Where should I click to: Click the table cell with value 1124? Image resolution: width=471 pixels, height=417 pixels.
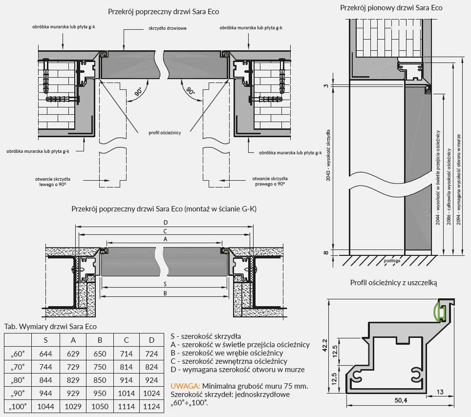(x=151, y=406)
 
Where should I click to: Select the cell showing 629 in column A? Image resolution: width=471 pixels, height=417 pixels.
(x=73, y=354)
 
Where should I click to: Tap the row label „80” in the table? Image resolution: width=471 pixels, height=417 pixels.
(x=18, y=380)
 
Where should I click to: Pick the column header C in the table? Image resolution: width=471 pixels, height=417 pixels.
(x=126, y=340)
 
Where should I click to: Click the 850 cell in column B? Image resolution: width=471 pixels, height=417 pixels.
(x=100, y=380)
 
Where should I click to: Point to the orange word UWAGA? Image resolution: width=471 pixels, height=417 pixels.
(x=185, y=386)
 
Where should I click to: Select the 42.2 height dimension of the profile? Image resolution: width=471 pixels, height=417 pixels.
(x=325, y=346)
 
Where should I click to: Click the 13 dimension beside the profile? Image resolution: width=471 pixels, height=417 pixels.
(x=439, y=392)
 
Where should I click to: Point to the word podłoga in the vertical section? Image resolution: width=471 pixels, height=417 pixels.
(x=392, y=261)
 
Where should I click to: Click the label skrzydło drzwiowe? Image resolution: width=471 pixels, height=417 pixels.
(x=167, y=28)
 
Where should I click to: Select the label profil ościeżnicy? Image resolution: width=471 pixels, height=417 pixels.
(x=165, y=133)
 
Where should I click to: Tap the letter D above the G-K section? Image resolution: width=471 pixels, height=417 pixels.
(x=166, y=223)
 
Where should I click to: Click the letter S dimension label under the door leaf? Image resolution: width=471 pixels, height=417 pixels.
(x=165, y=284)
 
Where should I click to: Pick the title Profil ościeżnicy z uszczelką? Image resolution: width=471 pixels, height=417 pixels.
(x=393, y=283)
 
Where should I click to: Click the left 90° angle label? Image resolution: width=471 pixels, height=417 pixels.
(x=138, y=92)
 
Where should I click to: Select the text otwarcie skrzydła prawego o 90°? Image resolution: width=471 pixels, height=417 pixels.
(x=270, y=181)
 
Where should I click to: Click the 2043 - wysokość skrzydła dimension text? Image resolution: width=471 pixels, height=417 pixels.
(x=328, y=155)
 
